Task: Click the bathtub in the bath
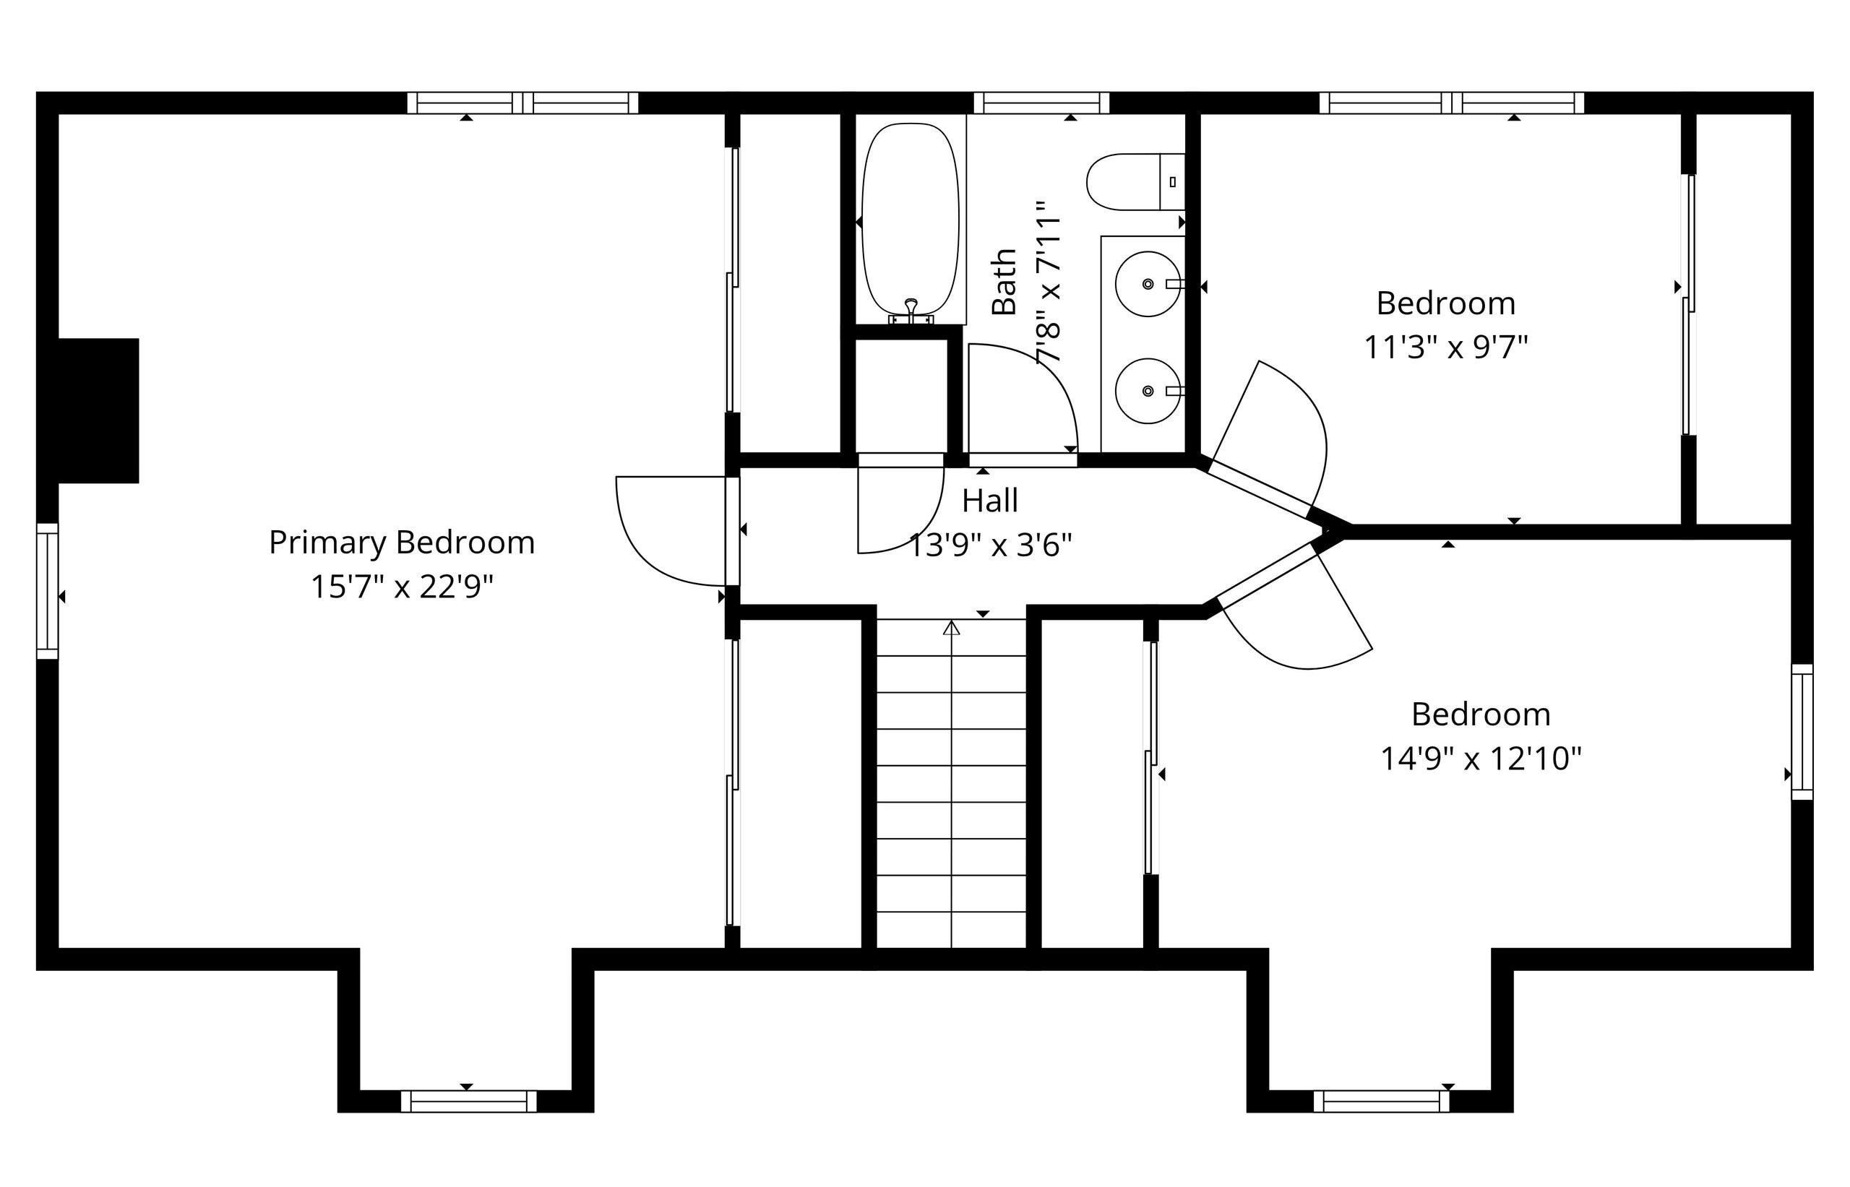tap(910, 220)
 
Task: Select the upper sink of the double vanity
tap(1147, 284)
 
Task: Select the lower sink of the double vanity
tap(1147, 391)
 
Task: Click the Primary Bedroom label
tap(402, 543)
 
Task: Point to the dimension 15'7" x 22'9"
tap(402, 587)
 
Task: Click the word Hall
tap(990, 501)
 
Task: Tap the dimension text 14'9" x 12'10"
tap(1481, 759)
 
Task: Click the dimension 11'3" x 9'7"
tap(1446, 348)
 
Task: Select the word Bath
tap(1004, 281)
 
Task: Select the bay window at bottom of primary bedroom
tap(468, 1101)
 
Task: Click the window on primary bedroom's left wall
tap(48, 591)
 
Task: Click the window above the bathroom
tap(1041, 103)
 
